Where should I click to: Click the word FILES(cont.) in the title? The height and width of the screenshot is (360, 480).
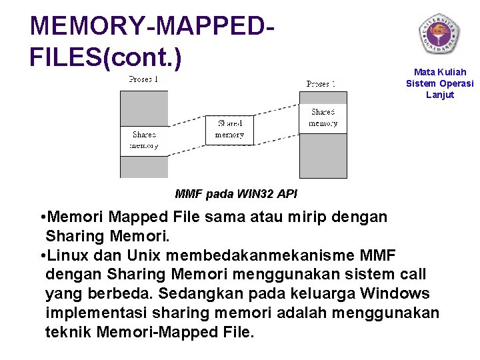pos(105,57)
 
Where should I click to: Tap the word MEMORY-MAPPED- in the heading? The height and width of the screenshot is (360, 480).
pos(153,26)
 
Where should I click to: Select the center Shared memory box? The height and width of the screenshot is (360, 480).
pos(229,129)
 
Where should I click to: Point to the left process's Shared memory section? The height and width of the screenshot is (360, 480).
pos(143,140)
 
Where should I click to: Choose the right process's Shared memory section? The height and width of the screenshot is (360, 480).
pos(323,118)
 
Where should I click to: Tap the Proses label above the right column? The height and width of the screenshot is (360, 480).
pos(321,84)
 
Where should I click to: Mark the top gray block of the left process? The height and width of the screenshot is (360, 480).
pos(143,108)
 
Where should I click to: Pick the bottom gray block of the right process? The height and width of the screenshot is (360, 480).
pos(323,155)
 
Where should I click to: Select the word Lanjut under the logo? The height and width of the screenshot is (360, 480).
pos(440,95)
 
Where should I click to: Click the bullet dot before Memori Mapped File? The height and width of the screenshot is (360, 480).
pos(43,218)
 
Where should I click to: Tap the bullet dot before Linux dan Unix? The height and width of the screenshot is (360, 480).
pos(43,256)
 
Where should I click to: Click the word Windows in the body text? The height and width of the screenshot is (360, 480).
pos(395,293)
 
